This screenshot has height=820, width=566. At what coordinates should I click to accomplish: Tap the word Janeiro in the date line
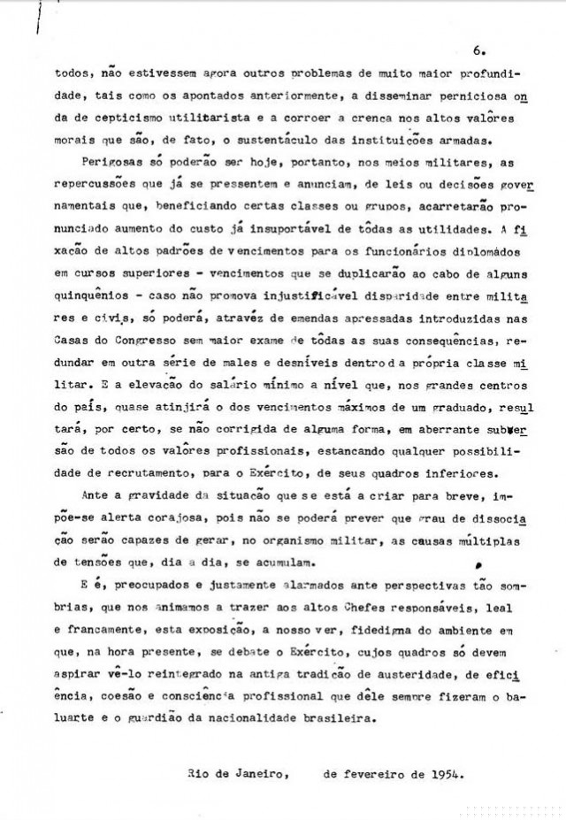pyautogui.click(x=256, y=773)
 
